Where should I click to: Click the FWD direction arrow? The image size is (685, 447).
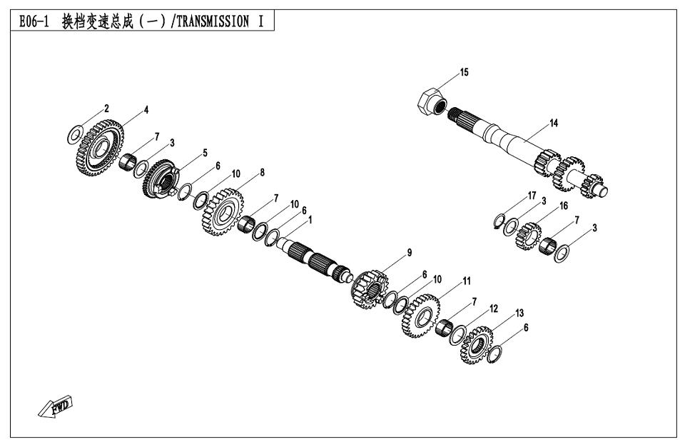[x=55, y=406]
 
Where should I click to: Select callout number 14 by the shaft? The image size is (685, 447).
[x=554, y=124]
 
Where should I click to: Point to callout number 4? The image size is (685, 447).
[x=146, y=110]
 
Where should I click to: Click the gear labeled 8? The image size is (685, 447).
[x=223, y=211]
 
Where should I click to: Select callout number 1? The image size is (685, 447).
[x=310, y=220]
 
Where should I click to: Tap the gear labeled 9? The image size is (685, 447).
[x=370, y=289]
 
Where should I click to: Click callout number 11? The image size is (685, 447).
[x=467, y=281]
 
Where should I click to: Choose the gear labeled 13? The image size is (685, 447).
[x=477, y=345]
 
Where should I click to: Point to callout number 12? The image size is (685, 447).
[x=494, y=308]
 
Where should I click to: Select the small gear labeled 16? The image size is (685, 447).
[x=529, y=236]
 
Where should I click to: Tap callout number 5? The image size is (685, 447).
[x=205, y=153]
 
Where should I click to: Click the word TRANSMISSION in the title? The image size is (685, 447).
[x=213, y=21]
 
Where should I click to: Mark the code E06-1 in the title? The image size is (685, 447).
[x=34, y=21]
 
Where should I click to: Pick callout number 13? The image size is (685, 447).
[x=519, y=313]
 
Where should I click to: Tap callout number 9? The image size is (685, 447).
[x=410, y=252]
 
